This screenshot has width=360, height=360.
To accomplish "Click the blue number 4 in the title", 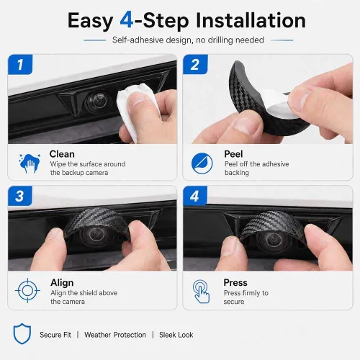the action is click(127, 20).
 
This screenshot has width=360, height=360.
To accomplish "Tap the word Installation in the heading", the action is click(251, 20).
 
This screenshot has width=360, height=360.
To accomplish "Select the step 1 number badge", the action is click(20, 64).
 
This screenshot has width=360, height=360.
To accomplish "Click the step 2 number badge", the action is click(195, 64).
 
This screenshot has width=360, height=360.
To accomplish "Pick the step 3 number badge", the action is click(20, 196).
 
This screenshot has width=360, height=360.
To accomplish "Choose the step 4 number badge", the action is click(195, 196).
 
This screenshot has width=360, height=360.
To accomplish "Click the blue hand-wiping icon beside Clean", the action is click(29, 163).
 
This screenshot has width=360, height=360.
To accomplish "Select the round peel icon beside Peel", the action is click(202, 163).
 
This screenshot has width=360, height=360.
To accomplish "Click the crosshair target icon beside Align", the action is click(27, 291).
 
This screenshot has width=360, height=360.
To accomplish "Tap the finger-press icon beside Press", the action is click(201, 291).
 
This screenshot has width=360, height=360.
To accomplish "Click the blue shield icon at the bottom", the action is click(22, 333).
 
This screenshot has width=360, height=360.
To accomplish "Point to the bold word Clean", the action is click(62, 154).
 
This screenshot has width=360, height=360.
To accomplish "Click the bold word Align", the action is click(62, 283).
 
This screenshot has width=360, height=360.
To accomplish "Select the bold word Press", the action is click(235, 283).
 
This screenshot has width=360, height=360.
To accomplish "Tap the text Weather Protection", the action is click(115, 335).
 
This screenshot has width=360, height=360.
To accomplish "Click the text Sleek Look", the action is click(176, 335).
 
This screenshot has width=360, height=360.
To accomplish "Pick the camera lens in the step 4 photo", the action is click(272, 240).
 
